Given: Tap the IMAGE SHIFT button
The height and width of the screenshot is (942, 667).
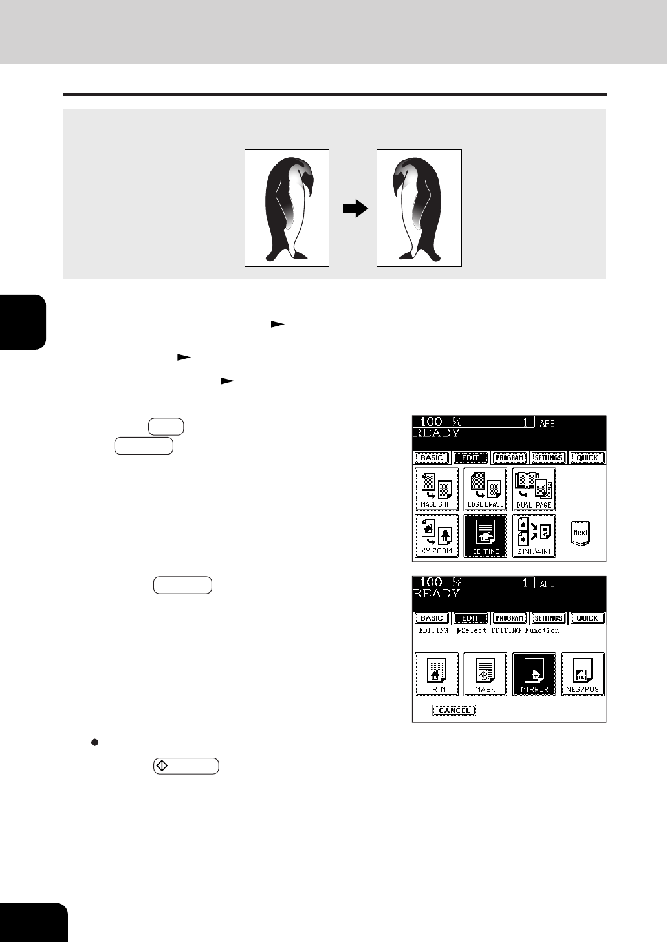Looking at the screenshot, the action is [x=437, y=489].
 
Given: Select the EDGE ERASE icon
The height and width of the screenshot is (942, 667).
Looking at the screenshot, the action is [x=485, y=489].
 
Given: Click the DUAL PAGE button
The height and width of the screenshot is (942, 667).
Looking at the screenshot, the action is [x=534, y=489].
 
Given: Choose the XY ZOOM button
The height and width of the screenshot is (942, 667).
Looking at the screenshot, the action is [x=437, y=536].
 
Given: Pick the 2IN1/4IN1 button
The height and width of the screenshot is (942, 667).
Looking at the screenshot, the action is [x=534, y=536].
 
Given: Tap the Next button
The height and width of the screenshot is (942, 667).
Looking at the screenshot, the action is [x=581, y=533].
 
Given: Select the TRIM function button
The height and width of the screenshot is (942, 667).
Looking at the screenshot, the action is [x=437, y=674].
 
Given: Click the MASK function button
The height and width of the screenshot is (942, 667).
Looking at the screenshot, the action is [x=485, y=674].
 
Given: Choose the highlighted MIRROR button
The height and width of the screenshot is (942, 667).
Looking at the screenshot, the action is [x=534, y=674].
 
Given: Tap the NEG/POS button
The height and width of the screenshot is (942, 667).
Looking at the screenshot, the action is [x=583, y=674].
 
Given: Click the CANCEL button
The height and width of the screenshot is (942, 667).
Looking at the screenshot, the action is [x=454, y=711].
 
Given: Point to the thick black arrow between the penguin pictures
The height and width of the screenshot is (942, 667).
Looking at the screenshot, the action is [x=356, y=208].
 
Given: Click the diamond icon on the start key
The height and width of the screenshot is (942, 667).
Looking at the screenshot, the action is [x=162, y=765].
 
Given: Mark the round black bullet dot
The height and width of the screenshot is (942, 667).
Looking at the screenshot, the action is [x=94, y=742].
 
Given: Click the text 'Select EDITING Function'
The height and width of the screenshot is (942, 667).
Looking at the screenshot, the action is [x=510, y=631].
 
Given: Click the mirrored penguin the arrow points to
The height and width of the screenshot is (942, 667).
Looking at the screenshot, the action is [x=417, y=209].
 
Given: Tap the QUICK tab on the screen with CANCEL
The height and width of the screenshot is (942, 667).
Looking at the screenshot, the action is [x=587, y=618].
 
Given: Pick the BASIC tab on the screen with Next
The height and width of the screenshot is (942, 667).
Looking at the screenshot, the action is [x=432, y=458].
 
